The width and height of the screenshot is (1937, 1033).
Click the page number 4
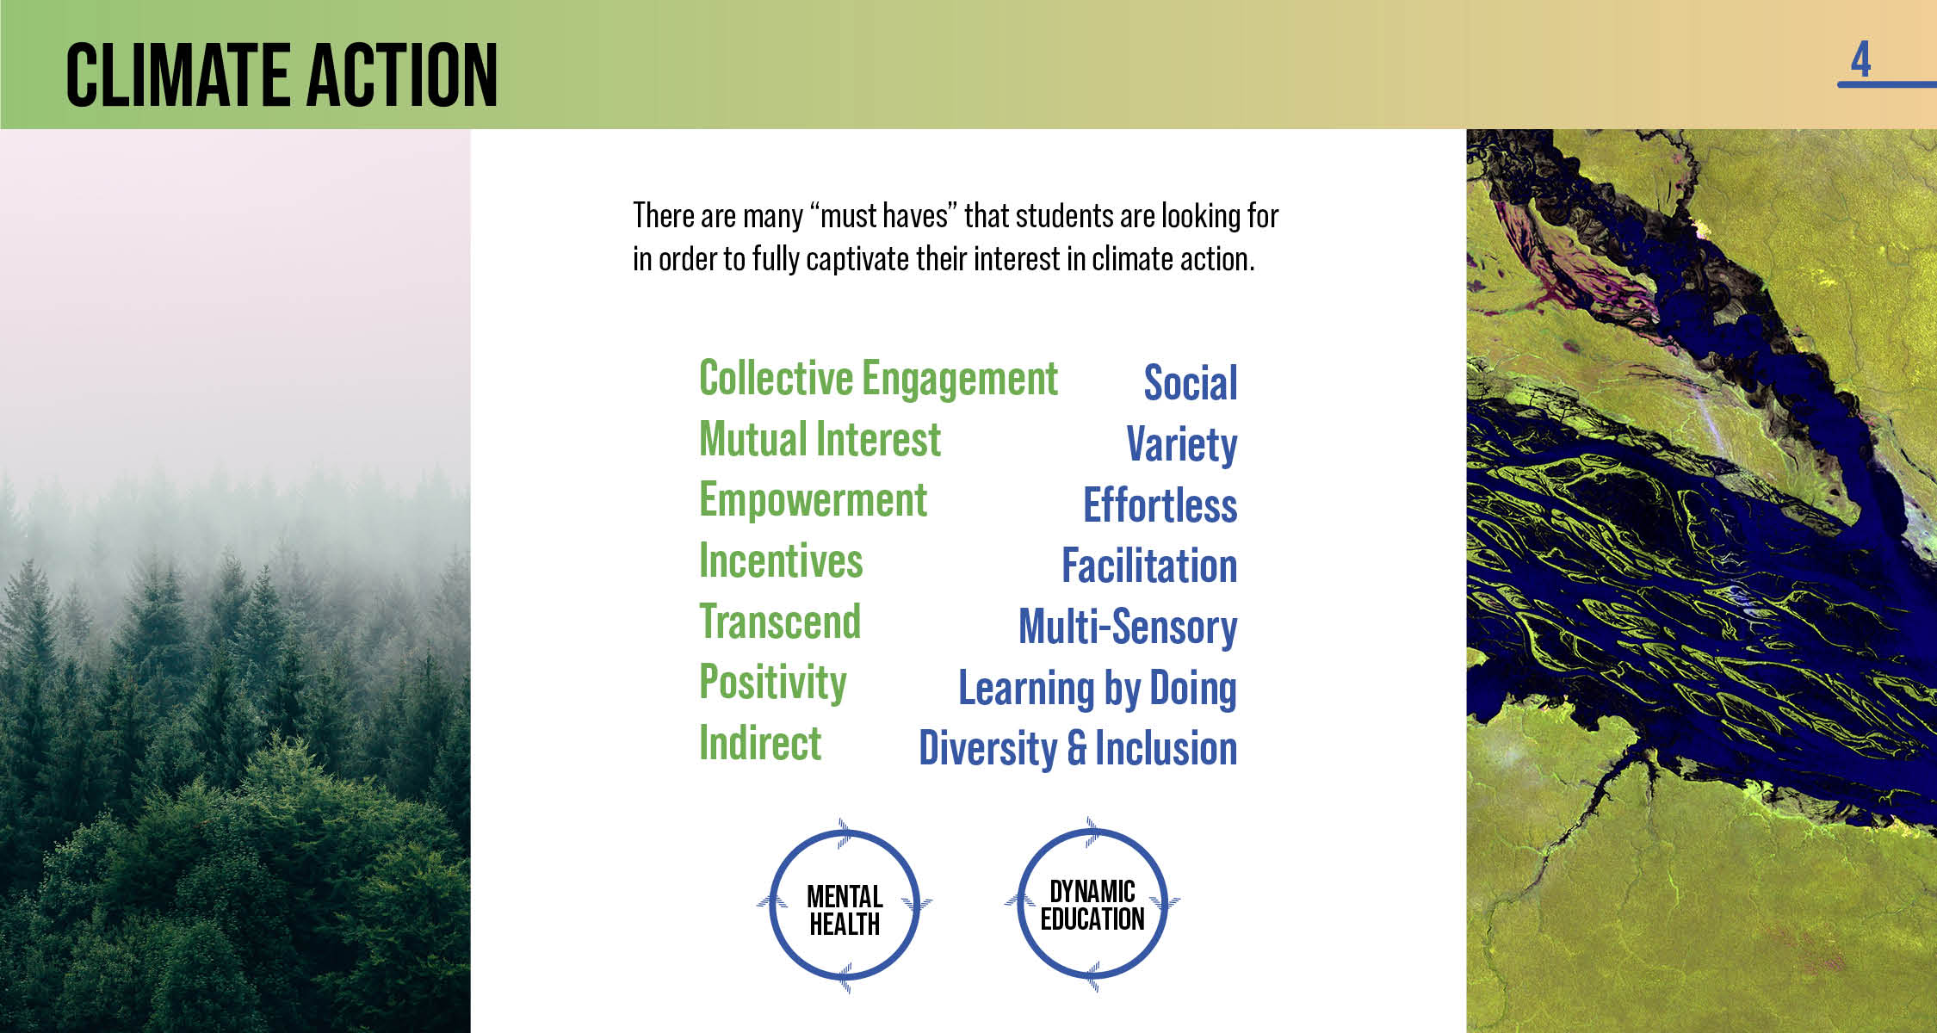[x=1860, y=59]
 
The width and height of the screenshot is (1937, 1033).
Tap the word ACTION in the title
[x=402, y=76]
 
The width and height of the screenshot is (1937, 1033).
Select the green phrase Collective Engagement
[x=878, y=380]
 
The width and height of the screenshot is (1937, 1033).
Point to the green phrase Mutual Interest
[x=820, y=439]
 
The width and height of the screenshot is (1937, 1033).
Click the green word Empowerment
[x=813, y=501]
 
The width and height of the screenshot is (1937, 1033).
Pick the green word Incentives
[x=781, y=561]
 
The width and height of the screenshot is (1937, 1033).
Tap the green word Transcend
[x=780, y=622]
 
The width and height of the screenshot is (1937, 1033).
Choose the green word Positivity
[x=773, y=684]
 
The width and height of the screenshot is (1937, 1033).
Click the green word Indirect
[x=760, y=743]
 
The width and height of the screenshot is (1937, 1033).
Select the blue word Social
[x=1191, y=383]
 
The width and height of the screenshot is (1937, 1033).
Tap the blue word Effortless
[x=1160, y=505]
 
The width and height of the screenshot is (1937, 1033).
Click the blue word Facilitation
[x=1149, y=566]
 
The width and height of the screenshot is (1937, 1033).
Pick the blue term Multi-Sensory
[x=1128, y=628]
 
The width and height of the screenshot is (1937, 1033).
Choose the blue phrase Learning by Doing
[x=1098, y=689]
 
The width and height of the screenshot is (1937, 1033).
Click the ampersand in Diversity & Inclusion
[x=1077, y=748]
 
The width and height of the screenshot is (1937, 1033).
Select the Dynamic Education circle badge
[x=1092, y=905]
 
